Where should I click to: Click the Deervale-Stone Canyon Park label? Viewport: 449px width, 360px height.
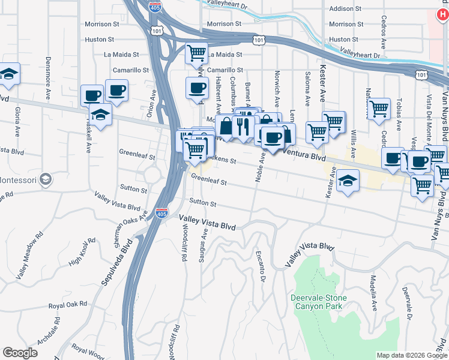click(318, 301)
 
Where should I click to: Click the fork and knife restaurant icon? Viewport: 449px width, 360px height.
click(243, 126)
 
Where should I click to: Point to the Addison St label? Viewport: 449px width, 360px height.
click(346, 9)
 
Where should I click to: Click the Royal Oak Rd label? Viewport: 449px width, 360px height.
click(68, 306)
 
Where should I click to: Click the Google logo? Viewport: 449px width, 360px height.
click(20, 353)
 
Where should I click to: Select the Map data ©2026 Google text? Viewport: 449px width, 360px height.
click(411, 355)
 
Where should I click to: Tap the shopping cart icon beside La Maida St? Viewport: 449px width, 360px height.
click(196, 53)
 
